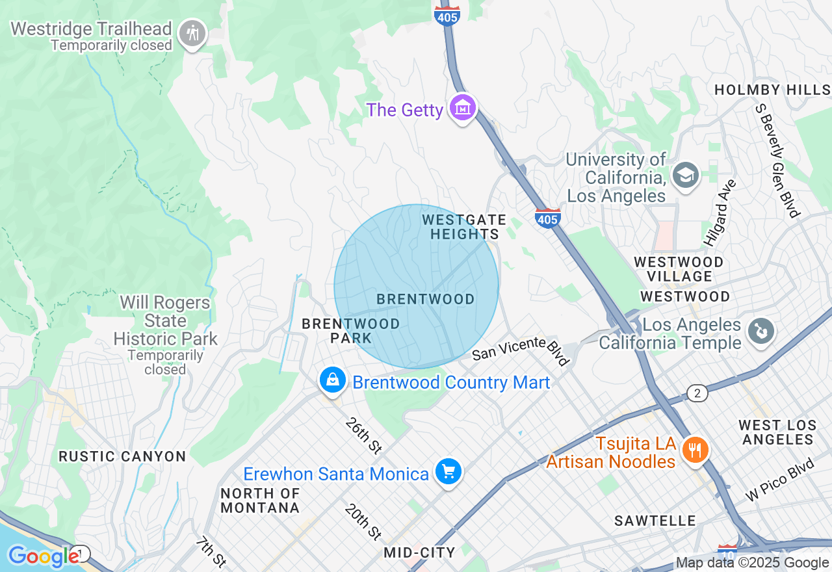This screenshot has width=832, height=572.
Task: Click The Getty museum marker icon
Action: [462, 109]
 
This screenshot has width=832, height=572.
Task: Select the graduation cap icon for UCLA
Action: [685, 175]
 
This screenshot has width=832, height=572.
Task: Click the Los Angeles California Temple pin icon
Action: [759, 331]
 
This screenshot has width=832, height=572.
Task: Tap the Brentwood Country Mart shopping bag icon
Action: [333, 380]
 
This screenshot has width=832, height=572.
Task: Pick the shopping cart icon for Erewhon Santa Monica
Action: [448, 471]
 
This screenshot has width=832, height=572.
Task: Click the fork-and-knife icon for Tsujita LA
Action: [695, 449]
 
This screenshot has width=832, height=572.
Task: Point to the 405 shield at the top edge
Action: [447, 16]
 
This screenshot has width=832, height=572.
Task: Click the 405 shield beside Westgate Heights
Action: [548, 218]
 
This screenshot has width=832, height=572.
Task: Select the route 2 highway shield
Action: [697, 393]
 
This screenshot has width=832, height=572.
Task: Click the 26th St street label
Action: [363, 435]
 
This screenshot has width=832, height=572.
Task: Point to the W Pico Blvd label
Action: [780, 480]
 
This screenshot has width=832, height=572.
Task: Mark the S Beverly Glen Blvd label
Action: [777, 160]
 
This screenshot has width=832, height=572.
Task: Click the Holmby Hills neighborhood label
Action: [772, 90]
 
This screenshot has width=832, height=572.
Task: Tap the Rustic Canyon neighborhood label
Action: [122, 456]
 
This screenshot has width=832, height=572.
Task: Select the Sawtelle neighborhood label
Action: [655, 521]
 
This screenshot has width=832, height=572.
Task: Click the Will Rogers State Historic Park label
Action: [165, 321]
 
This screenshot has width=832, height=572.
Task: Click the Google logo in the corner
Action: [43, 556]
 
